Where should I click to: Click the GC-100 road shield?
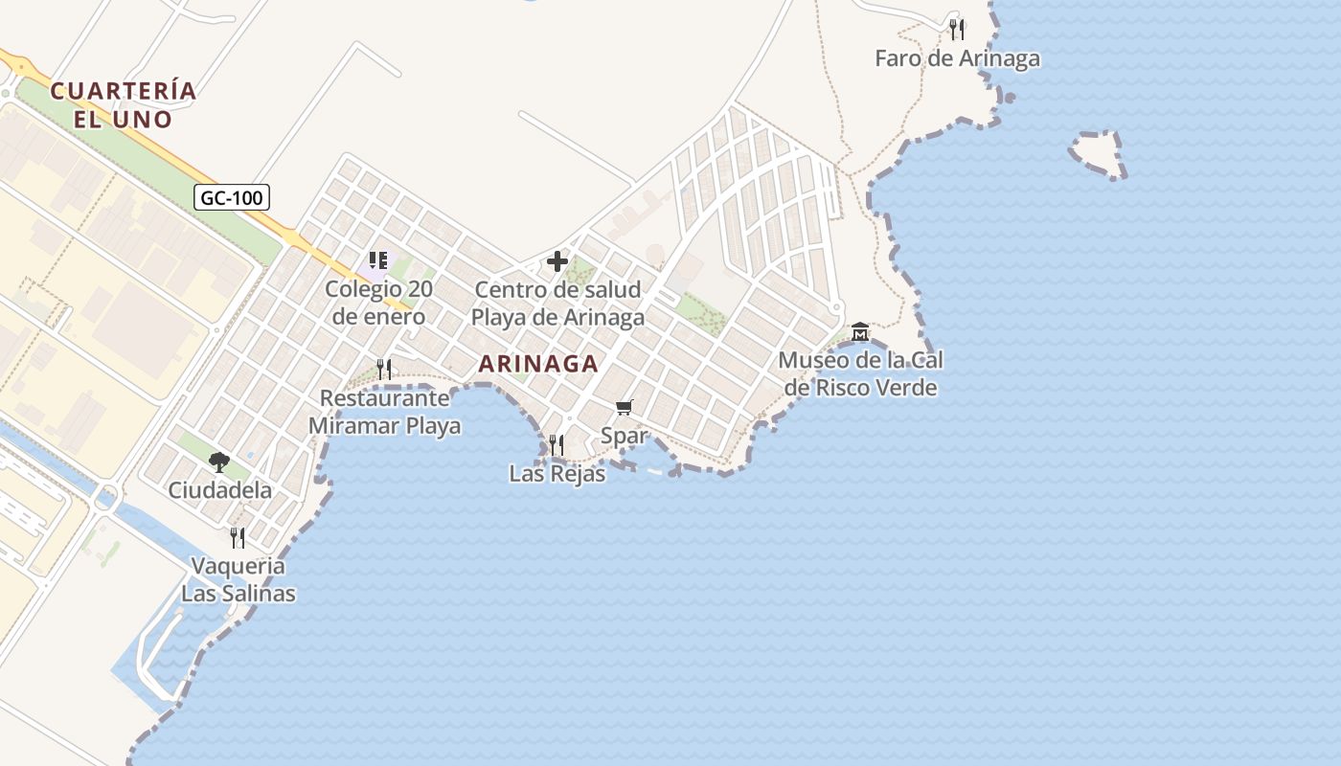pyautogui.click(x=232, y=198)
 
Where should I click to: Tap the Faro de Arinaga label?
pyautogui.click(x=957, y=59)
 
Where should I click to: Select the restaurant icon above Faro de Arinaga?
pyautogui.click(x=957, y=30)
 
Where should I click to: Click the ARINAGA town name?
pyautogui.click(x=538, y=364)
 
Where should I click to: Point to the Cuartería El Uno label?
pyautogui.click(x=124, y=105)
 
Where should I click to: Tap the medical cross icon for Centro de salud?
pyautogui.click(x=557, y=261)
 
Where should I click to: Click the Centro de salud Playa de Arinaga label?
pyautogui.click(x=557, y=304)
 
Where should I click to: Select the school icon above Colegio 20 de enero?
pyautogui.click(x=378, y=259)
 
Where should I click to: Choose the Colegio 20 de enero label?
pyautogui.click(x=378, y=303)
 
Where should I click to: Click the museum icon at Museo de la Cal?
pyautogui.click(x=860, y=331)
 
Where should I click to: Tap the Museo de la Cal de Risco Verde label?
pyautogui.click(x=860, y=374)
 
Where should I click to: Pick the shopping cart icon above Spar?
pyautogui.click(x=625, y=408)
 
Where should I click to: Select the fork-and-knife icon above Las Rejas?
pyautogui.click(x=557, y=444)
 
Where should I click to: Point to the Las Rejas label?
pyautogui.click(x=557, y=473)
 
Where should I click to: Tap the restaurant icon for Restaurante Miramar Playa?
pyautogui.click(x=384, y=369)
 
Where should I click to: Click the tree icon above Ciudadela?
pyautogui.click(x=219, y=462)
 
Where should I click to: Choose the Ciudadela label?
pyautogui.click(x=219, y=490)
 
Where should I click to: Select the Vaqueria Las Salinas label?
pyautogui.click(x=239, y=579)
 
